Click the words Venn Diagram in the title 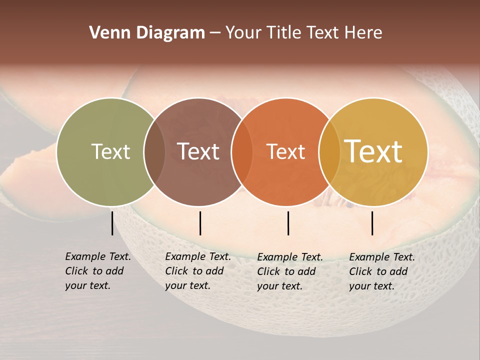click(x=147, y=33)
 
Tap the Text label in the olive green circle click(x=110, y=151)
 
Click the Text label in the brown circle click(x=198, y=151)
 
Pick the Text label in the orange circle click(x=285, y=151)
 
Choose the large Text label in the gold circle click(x=373, y=151)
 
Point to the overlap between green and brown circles click(x=154, y=151)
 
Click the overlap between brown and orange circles click(x=242, y=151)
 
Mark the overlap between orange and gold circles click(x=329, y=151)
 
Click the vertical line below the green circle click(x=112, y=223)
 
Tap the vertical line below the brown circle click(x=200, y=223)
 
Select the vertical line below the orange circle click(x=288, y=223)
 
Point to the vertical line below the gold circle click(x=372, y=223)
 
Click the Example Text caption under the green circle click(x=98, y=271)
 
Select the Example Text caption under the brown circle click(x=198, y=271)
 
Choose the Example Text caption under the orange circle click(x=290, y=271)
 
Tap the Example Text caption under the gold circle click(x=382, y=271)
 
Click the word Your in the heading click(x=244, y=33)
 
